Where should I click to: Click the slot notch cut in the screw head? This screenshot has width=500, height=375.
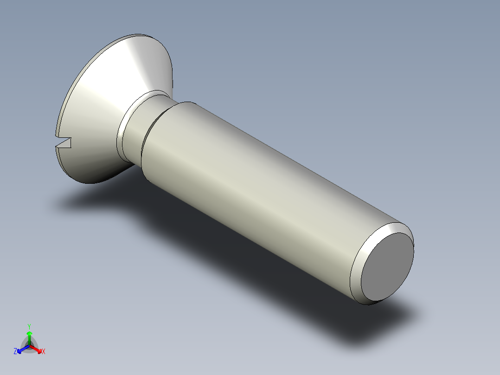point(65,142)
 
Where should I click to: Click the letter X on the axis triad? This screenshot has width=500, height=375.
point(44,352)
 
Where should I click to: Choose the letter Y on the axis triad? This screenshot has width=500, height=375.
point(29,326)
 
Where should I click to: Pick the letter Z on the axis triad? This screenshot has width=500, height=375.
point(15,352)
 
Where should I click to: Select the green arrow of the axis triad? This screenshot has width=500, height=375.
point(29,335)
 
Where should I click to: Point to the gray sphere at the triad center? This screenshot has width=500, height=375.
point(29,344)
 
